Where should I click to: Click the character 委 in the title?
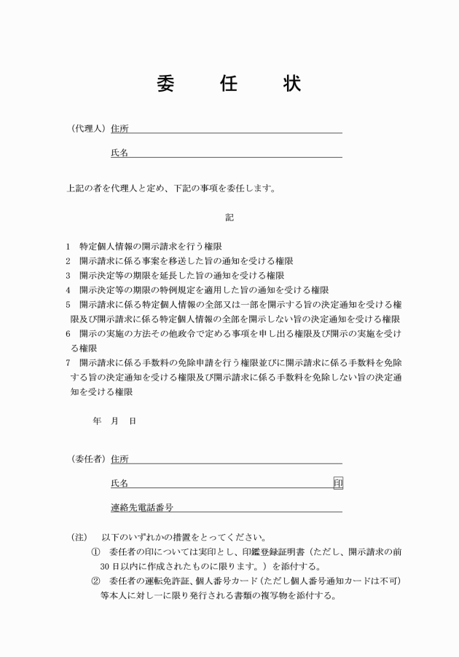point(165,83)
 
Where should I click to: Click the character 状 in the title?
point(292,83)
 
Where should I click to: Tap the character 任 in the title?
point(229,83)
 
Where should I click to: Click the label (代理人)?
point(88,129)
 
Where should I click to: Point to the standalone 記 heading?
point(229,217)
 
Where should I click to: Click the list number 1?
point(68,247)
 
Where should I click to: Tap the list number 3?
point(68,276)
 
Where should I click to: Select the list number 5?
point(68,305)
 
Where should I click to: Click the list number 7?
point(68,362)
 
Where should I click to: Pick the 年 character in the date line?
point(98,421)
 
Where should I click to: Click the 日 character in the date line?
point(133,421)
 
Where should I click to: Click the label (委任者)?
point(88,459)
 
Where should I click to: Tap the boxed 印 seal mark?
point(337,483)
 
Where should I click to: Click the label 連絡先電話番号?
point(141,507)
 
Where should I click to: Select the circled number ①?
point(95,552)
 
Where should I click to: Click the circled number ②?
point(95,581)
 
